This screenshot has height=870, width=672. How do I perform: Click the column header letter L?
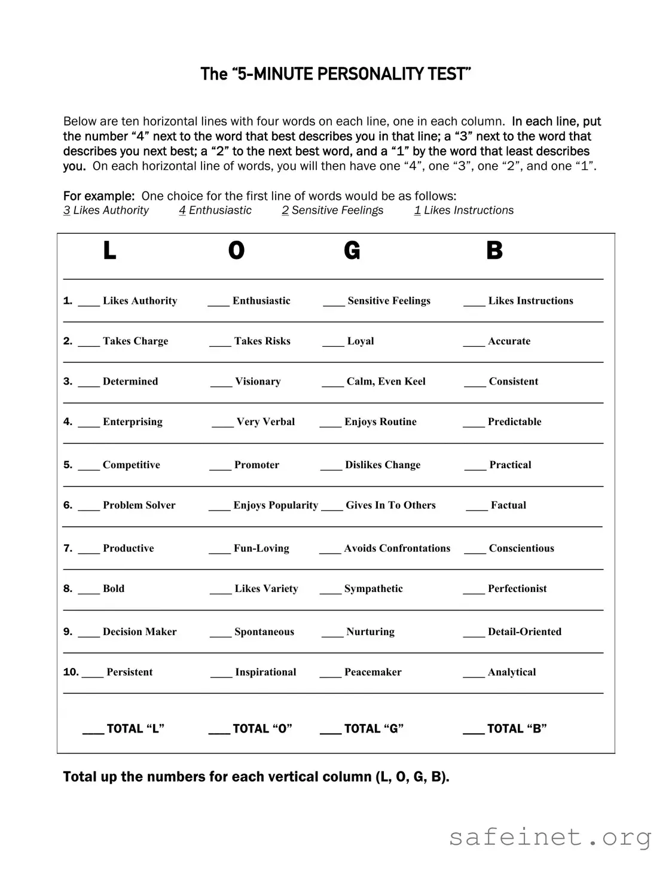click(x=109, y=251)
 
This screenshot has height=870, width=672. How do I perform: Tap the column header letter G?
click(x=352, y=251)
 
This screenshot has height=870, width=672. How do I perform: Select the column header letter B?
click(x=494, y=251)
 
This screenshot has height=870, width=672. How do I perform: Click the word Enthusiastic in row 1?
click(x=261, y=301)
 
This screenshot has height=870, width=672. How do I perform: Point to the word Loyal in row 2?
click(x=361, y=341)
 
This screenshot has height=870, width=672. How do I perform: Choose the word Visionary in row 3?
click(x=258, y=381)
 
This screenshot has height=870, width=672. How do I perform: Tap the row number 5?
click(x=68, y=465)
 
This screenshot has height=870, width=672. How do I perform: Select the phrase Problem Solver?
click(x=139, y=505)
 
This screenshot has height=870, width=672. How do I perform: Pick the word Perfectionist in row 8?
click(x=517, y=589)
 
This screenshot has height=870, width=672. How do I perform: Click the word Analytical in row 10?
click(x=512, y=672)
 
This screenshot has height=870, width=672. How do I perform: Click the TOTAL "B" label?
click(x=517, y=729)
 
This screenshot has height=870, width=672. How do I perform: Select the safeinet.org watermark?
click(x=550, y=838)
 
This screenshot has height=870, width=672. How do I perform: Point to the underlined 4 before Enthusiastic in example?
click(x=182, y=210)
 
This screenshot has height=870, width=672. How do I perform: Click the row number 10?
click(x=71, y=672)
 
